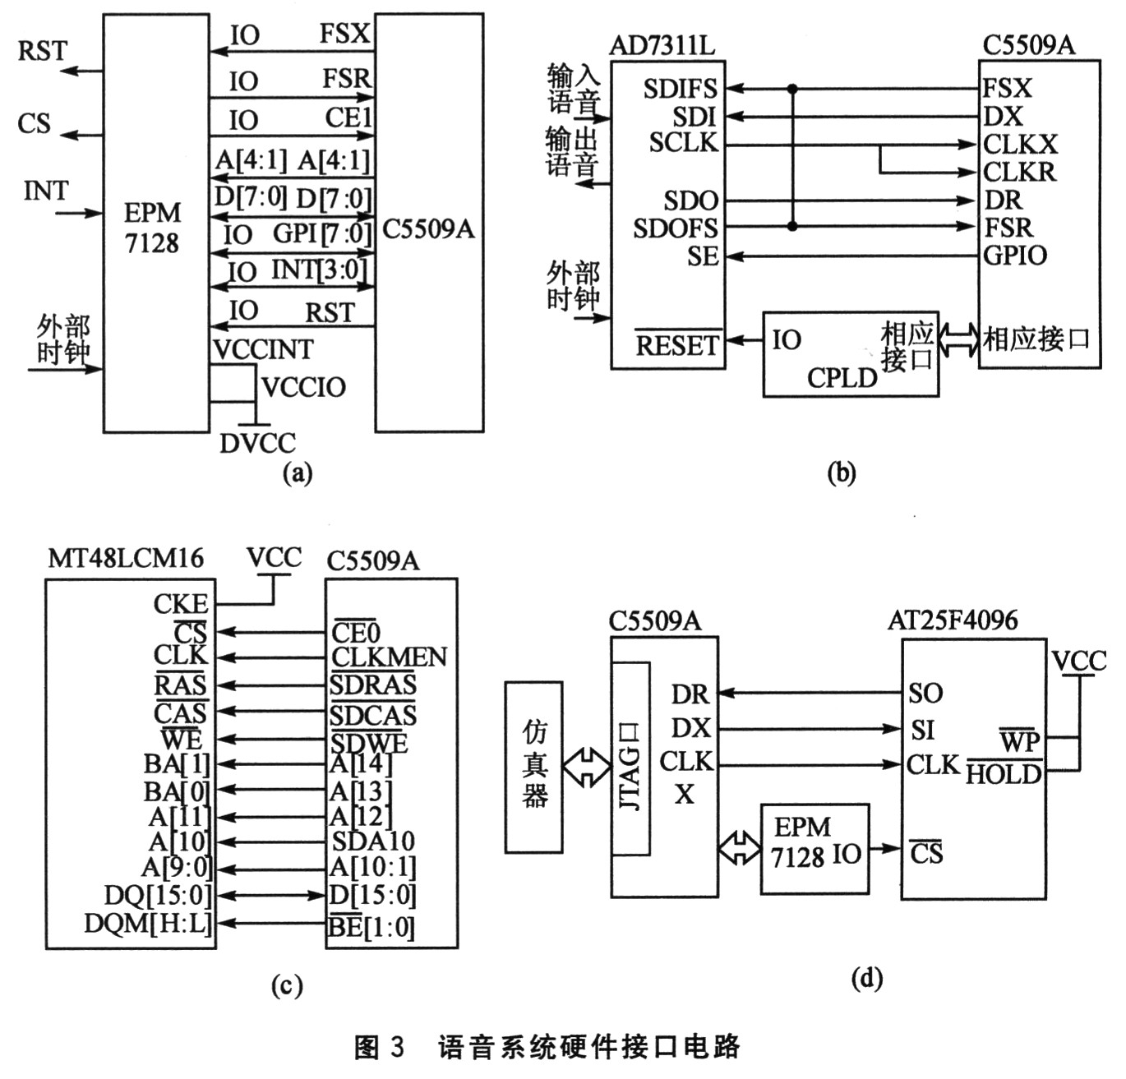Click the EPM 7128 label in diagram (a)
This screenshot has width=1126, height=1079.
coord(152,228)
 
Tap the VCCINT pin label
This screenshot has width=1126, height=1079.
coord(263,349)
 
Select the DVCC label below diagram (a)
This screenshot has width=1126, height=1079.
coord(257,443)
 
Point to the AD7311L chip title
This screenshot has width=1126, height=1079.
coord(662,45)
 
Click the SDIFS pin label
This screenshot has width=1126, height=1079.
coord(681,89)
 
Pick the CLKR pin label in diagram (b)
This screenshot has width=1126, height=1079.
coord(1020,172)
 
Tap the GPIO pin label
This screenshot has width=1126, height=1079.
coord(1015,256)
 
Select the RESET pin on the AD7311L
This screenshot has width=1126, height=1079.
coord(677,345)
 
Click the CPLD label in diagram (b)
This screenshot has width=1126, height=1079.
coord(842,377)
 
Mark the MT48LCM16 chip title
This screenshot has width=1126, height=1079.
coord(126,559)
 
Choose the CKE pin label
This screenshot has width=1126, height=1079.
coord(181,604)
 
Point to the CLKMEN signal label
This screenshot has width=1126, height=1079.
coord(389,657)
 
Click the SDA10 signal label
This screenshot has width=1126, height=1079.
coord(373,841)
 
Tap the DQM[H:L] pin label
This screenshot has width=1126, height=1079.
coord(148,924)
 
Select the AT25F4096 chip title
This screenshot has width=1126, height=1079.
coord(953,620)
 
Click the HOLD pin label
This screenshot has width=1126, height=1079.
coord(1004,774)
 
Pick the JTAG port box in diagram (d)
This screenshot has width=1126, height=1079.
coord(630,759)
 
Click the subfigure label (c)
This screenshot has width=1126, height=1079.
coord(287,985)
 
